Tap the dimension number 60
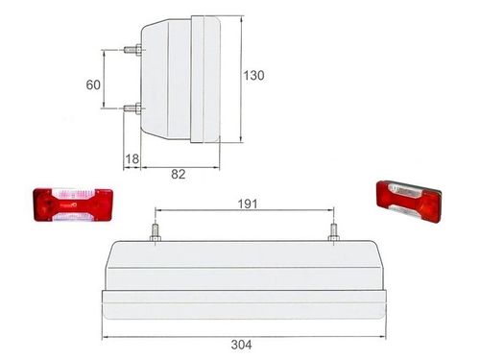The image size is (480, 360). tap(93, 84)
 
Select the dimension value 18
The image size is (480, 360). tap(132, 159)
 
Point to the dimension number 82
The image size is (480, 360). tap(179, 173)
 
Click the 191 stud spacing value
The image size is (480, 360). tap(245, 203)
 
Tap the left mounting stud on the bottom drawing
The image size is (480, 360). tap(153, 231)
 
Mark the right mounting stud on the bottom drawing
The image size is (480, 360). tap(334, 231)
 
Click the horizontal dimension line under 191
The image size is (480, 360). tap(244, 212)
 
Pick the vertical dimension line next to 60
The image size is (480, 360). tap(105, 80)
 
